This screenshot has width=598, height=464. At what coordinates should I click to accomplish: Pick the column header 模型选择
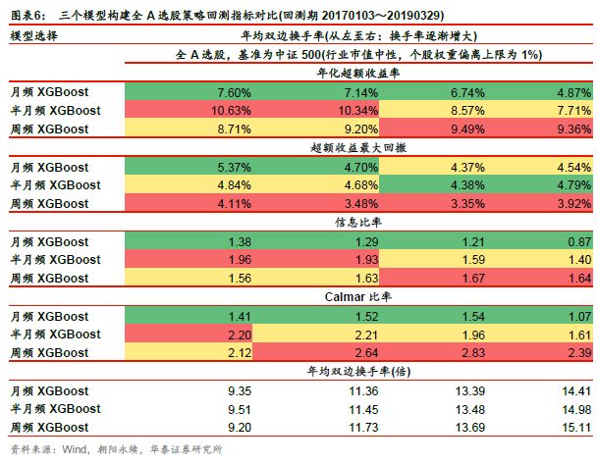point(33,35)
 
